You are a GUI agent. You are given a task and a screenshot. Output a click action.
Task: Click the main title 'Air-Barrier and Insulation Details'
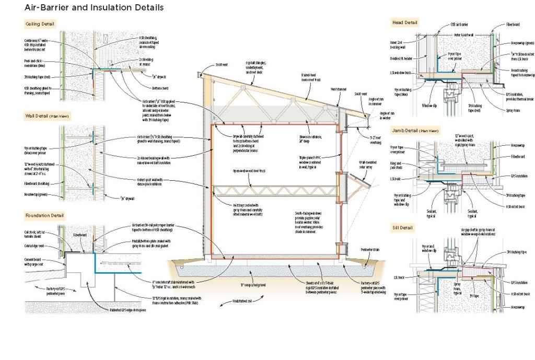click(x=94, y=8)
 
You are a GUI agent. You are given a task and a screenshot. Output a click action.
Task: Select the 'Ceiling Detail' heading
click(x=40, y=24)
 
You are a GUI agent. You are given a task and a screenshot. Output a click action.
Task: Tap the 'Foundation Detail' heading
click(x=44, y=215)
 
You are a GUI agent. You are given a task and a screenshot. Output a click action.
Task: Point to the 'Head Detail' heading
click(x=404, y=22)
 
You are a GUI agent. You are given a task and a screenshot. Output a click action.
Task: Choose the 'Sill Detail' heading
click(x=402, y=228)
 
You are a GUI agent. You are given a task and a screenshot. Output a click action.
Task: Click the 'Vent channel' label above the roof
click(x=338, y=89)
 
